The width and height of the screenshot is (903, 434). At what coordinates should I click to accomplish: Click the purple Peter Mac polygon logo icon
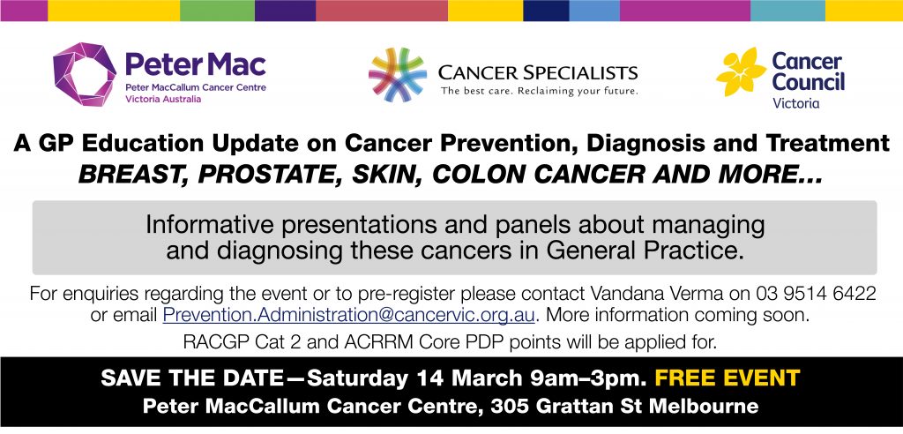[85, 74]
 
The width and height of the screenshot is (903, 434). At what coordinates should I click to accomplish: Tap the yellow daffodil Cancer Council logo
[741, 72]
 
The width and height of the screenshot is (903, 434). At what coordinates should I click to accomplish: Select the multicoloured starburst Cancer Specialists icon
[398, 75]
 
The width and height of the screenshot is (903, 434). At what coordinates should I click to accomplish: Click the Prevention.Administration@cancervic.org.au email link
[349, 315]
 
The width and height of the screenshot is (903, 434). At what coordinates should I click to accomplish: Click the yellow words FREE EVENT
[728, 378]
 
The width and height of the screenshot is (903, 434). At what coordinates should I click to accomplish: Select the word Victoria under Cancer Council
[796, 104]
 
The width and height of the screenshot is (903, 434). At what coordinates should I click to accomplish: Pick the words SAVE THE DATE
[192, 378]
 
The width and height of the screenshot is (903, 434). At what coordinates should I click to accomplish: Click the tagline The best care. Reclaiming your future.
[539, 91]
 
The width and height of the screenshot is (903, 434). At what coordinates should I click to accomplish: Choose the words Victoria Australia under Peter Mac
[163, 99]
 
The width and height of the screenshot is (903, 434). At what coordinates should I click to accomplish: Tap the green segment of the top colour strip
[217, 11]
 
